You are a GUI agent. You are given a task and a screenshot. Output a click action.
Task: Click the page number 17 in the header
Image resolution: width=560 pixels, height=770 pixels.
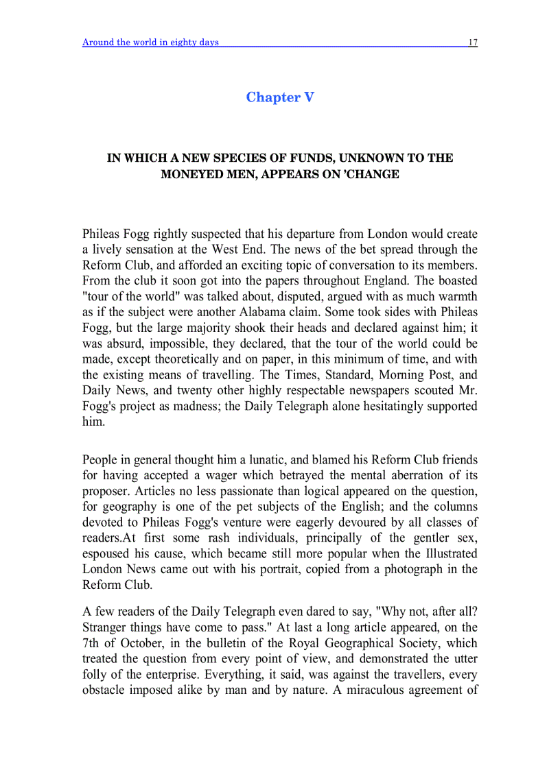point(473,43)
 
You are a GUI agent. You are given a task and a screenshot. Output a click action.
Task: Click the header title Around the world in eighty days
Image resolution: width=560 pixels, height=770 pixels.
point(150,43)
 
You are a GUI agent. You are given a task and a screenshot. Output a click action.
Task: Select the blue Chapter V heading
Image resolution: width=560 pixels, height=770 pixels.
point(280,97)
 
